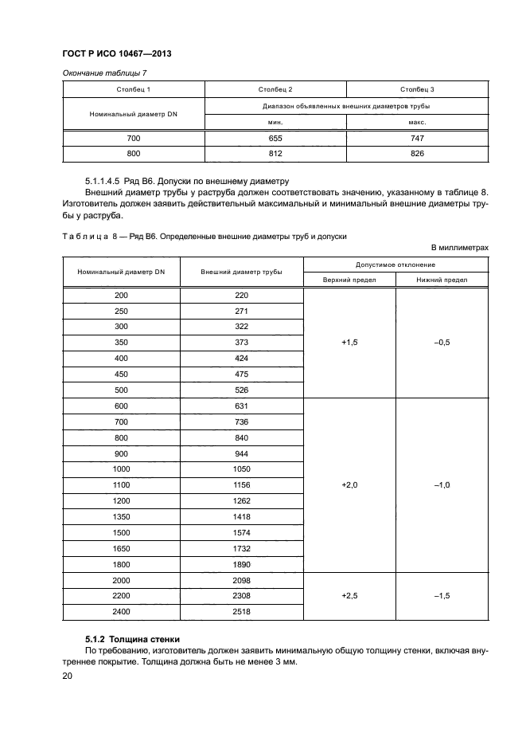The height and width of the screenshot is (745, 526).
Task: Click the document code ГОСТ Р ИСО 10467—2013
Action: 118,53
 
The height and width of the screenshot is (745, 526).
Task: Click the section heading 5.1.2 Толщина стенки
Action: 132,639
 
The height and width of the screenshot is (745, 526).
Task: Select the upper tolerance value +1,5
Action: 349,342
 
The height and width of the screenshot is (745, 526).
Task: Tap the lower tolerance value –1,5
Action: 442,595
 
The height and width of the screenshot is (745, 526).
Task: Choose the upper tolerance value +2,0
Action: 349,484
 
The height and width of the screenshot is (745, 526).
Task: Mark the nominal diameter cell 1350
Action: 121,516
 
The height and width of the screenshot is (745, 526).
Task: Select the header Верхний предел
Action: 349,280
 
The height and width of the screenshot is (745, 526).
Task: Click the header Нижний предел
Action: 442,280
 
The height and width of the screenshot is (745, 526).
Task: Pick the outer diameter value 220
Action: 242,296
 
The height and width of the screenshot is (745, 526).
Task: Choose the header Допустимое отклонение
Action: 395,264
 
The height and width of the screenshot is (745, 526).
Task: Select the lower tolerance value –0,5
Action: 442,342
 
